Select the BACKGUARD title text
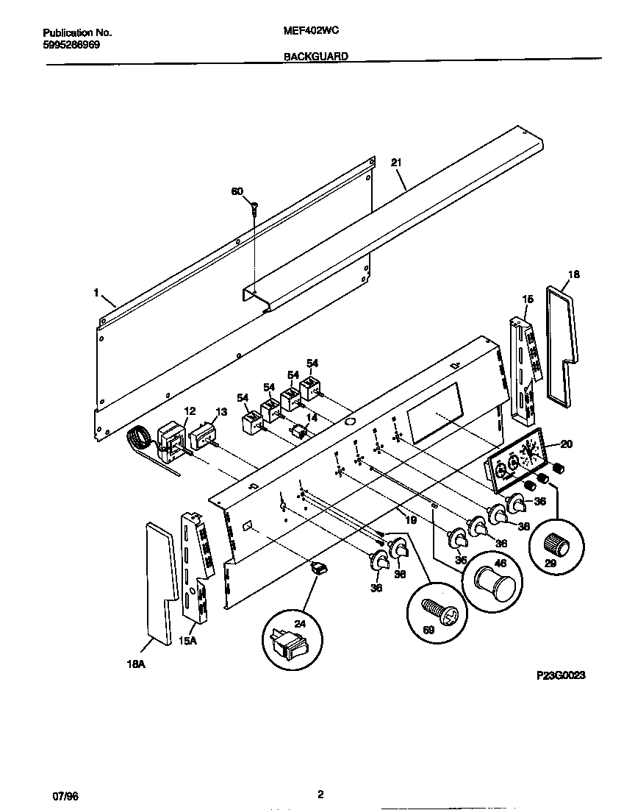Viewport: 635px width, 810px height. coord(316,55)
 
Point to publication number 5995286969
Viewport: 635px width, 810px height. coord(71,44)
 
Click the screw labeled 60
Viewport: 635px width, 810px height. coord(254,207)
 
